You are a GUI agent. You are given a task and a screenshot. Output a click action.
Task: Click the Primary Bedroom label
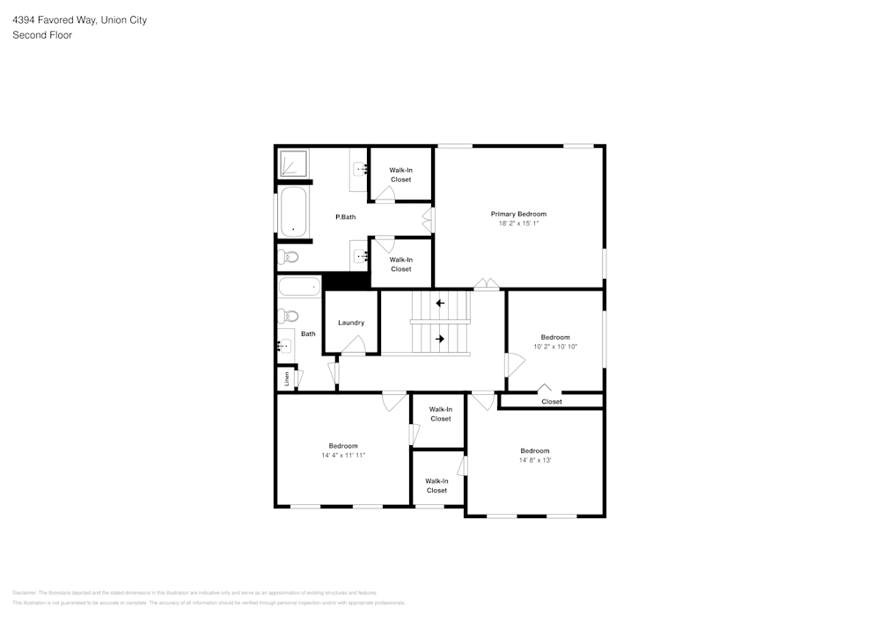518,214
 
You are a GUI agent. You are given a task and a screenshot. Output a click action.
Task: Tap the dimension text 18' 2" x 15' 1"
518,223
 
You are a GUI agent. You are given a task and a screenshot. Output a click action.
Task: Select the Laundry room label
351,323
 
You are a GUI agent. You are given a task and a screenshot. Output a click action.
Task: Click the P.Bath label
346,216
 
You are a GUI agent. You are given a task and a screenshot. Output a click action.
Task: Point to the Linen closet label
286,378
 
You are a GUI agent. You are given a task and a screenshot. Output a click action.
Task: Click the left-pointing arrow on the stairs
440,304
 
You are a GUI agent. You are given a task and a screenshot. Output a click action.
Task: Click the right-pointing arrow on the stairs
440,339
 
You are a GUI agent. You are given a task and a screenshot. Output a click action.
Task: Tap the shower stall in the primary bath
293,165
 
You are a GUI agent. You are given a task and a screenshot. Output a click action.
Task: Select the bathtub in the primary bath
292,212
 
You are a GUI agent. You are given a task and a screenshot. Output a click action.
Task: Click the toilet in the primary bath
289,258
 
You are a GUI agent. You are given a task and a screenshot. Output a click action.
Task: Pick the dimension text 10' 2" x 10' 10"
555,347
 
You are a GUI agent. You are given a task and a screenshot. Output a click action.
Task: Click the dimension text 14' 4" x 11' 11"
343,456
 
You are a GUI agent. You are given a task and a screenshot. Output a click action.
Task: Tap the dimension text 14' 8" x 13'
534,460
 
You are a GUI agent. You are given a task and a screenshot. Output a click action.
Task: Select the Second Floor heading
42,35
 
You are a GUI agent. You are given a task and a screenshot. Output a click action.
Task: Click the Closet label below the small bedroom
552,402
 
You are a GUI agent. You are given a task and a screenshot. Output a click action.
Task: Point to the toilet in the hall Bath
288,317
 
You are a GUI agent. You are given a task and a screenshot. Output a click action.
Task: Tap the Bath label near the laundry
308,334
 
